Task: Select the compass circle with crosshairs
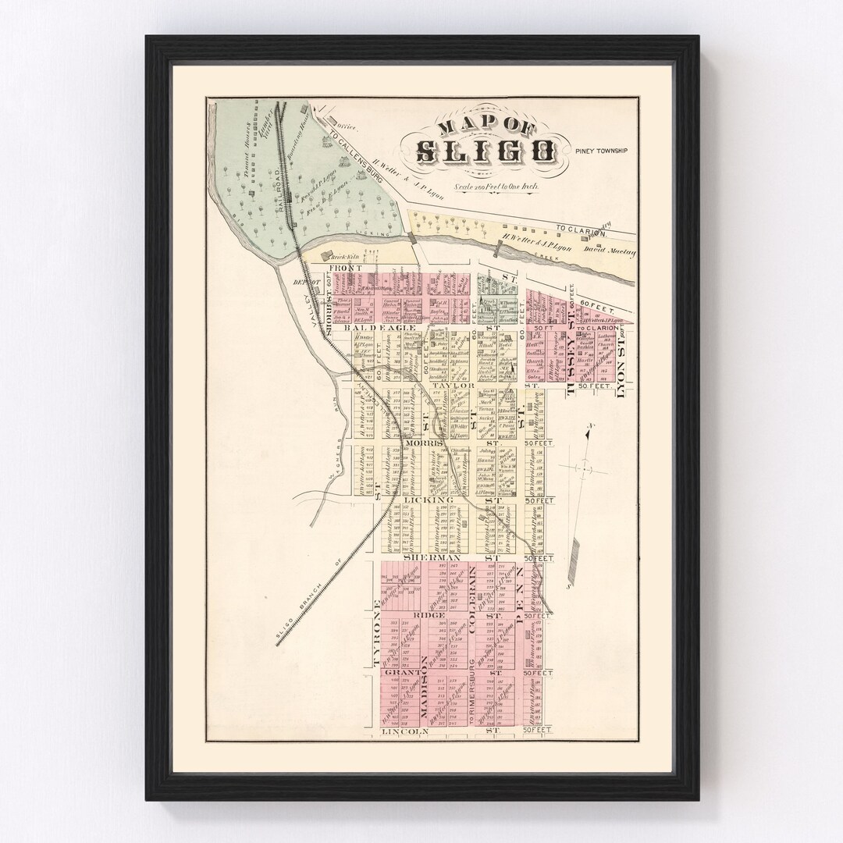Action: click(582, 467)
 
